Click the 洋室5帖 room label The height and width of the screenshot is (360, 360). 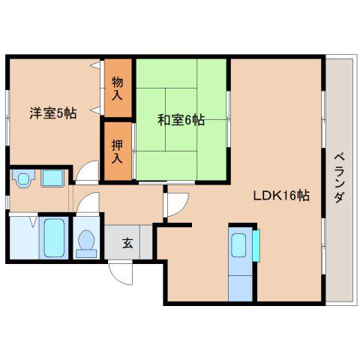(53, 113)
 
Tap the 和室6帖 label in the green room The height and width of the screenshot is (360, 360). (181, 120)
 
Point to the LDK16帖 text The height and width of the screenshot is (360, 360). (281, 196)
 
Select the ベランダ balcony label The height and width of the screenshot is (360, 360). (339, 178)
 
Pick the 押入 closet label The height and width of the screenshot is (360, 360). (117, 151)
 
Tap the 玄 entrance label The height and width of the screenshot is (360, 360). (127, 243)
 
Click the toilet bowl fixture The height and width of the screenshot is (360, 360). (86, 243)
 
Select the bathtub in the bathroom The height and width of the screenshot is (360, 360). (54, 238)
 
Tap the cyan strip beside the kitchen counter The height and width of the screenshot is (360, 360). (256, 245)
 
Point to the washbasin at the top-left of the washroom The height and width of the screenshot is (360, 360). (23, 178)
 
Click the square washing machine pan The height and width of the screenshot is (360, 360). (52, 178)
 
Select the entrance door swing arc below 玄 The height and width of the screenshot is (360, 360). (121, 274)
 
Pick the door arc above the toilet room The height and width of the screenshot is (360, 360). (88, 201)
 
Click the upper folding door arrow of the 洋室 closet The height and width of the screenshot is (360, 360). (95, 65)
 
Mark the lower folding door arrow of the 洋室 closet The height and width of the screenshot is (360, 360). (95, 109)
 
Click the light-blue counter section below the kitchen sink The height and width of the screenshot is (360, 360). (240, 289)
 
